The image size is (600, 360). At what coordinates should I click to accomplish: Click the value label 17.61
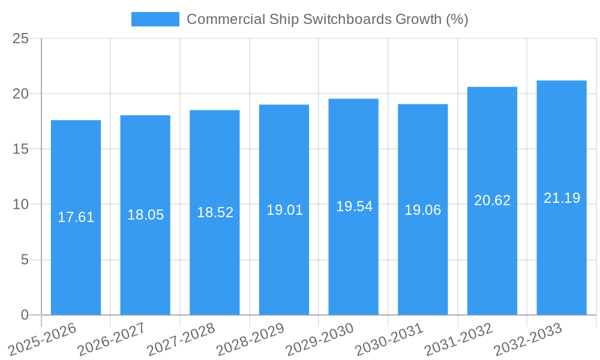tap(76, 217)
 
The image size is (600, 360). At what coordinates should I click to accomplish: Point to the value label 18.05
tap(145, 215)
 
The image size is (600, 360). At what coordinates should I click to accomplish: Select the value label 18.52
tap(215, 212)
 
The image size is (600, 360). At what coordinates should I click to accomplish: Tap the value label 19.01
tap(284, 210)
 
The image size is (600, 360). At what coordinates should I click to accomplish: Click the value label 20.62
tap(492, 200)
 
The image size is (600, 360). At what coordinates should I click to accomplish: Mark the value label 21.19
tap(562, 198)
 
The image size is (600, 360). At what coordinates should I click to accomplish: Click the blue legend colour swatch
tap(155, 19)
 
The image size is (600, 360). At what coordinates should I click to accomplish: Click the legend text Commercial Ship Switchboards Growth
tap(327, 19)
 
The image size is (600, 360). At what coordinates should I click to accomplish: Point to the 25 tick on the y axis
tap(20, 38)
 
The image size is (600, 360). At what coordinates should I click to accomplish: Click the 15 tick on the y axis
tap(20, 149)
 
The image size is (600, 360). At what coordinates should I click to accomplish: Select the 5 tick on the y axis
tap(25, 260)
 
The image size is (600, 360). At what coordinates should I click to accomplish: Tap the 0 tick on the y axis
tap(25, 315)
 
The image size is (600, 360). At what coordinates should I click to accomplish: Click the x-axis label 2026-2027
tap(112, 339)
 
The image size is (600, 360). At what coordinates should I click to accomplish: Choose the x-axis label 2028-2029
tap(250, 339)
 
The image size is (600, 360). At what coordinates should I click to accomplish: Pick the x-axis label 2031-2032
tap(458, 339)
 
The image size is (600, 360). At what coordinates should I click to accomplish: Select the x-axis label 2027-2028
tap(181, 339)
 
